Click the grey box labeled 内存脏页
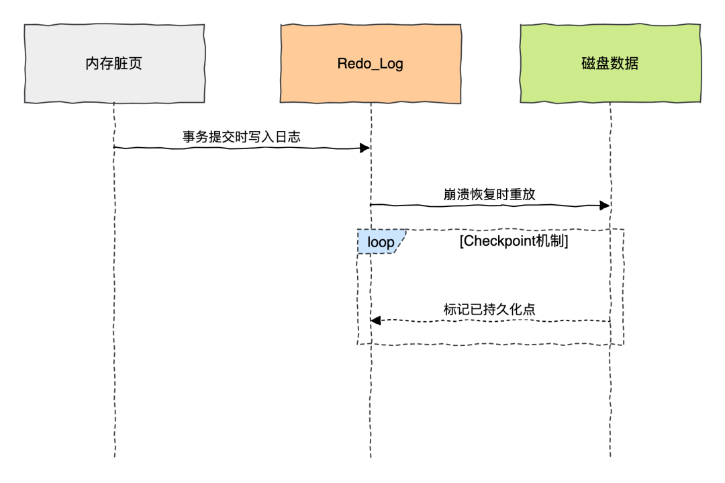point(114,64)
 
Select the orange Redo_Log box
point(371,64)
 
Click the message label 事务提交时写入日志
point(242,136)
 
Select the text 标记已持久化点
point(489,310)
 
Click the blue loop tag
point(381,242)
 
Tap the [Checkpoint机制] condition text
point(514,242)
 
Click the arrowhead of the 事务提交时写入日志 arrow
point(367,147)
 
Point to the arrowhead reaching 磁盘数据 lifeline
point(605,205)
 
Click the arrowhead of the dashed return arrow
point(375,320)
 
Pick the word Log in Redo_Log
point(391,64)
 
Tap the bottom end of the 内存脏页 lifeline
point(114,456)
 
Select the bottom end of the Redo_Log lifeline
point(371,456)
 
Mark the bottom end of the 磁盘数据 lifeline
point(610,456)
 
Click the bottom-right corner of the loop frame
point(624,345)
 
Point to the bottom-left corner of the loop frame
point(357,345)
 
